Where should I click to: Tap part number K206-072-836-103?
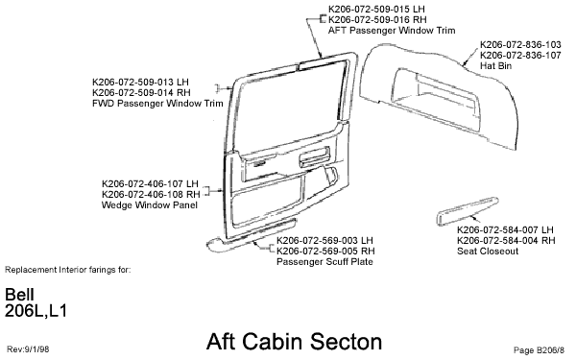pos(519,44)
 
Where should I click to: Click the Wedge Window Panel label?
pos(138,204)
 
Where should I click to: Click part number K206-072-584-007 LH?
pos(506,230)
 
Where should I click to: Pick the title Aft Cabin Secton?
pos(294,341)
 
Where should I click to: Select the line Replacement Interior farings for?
pos(67,270)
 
